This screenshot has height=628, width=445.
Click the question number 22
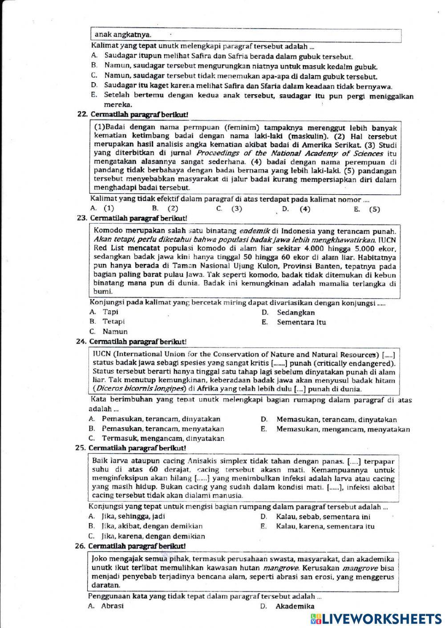(x=81, y=114)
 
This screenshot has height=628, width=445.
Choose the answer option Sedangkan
(x=295, y=312)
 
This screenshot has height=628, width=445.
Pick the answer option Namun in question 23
(x=115, y=332)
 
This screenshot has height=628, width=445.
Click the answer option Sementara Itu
(x=301, y=322)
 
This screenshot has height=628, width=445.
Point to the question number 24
(x=81, y=341)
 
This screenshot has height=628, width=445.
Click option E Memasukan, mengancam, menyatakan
(x=343, y=429)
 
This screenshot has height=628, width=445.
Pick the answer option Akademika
(x=295, y=606)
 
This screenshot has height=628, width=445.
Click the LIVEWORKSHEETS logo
(x=376, y=619)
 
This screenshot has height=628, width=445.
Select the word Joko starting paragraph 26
(x=99, y=558)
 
